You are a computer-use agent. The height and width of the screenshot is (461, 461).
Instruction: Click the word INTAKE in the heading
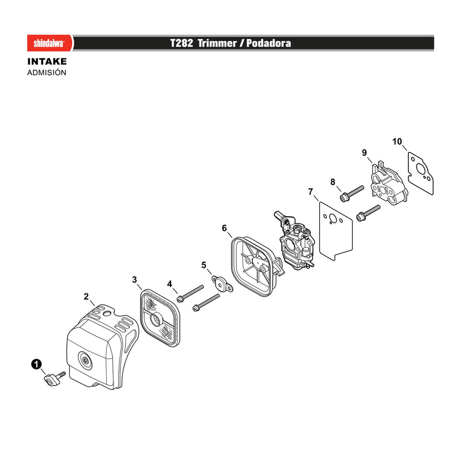pos(47,62)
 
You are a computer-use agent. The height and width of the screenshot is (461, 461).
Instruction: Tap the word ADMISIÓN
pos(47,73)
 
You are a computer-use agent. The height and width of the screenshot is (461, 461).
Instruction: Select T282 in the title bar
pos(182,43)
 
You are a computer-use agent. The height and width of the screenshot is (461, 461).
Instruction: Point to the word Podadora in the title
pos(269,43)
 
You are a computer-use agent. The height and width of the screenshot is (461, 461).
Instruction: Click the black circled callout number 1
pos(36,365)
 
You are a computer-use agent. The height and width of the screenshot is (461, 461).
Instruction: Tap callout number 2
pos(86,296)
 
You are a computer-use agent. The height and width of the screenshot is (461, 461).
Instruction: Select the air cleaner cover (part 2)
pos(102,347)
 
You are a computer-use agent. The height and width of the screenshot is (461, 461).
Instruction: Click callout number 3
pos(134,279)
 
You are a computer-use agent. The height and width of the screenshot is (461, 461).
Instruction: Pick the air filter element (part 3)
pos(160,318)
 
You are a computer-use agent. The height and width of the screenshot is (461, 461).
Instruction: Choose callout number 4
pos(169,284)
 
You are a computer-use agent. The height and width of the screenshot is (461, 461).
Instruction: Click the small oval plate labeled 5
pos(222,284)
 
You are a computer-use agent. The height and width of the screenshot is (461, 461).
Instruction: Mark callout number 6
pos(224,228)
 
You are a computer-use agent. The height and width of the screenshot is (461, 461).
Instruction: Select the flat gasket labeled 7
pos(336,231)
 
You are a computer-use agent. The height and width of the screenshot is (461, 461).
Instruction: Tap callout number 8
pos(332,182)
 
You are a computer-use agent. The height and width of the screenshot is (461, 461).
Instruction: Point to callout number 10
pos(397,142)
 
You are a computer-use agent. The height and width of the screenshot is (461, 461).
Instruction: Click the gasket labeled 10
pos(421,173)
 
